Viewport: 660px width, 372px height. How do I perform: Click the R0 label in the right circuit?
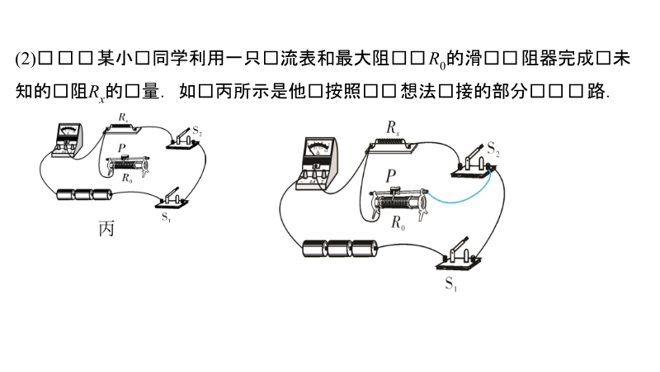(x=398, y=221)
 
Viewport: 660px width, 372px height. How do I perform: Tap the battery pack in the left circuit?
(x=83, y=197)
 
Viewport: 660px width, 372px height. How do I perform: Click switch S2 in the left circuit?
(x=183, y=139)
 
